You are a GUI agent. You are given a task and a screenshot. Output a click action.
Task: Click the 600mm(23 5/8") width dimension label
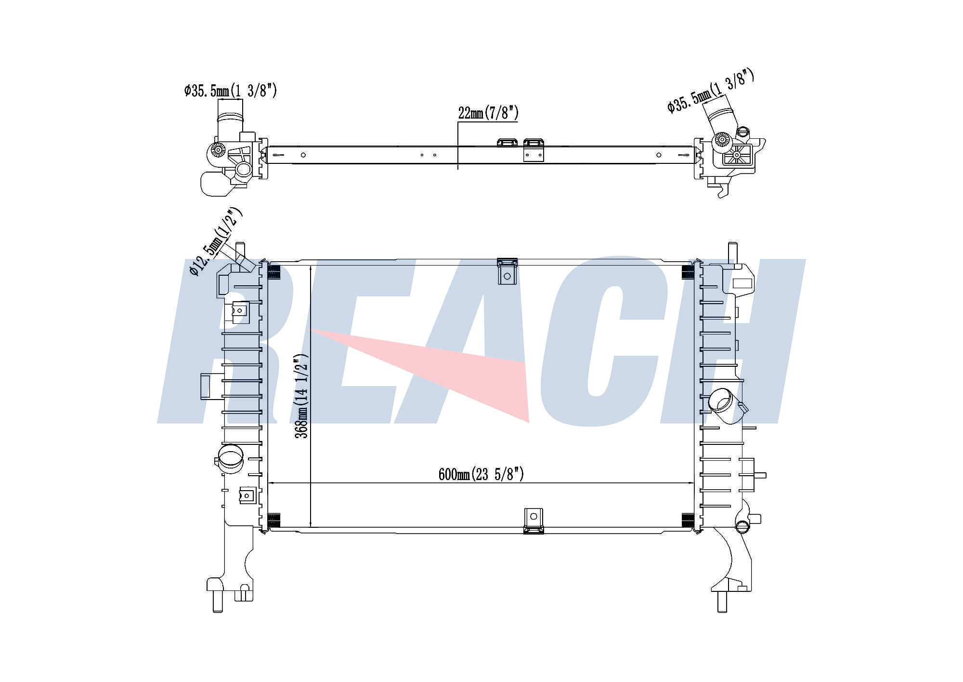481,474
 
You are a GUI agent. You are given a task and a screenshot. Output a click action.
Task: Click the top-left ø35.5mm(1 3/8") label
231,90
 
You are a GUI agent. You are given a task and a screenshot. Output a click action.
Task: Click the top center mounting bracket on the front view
507,271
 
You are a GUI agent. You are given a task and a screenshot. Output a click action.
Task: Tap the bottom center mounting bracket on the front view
534,521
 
